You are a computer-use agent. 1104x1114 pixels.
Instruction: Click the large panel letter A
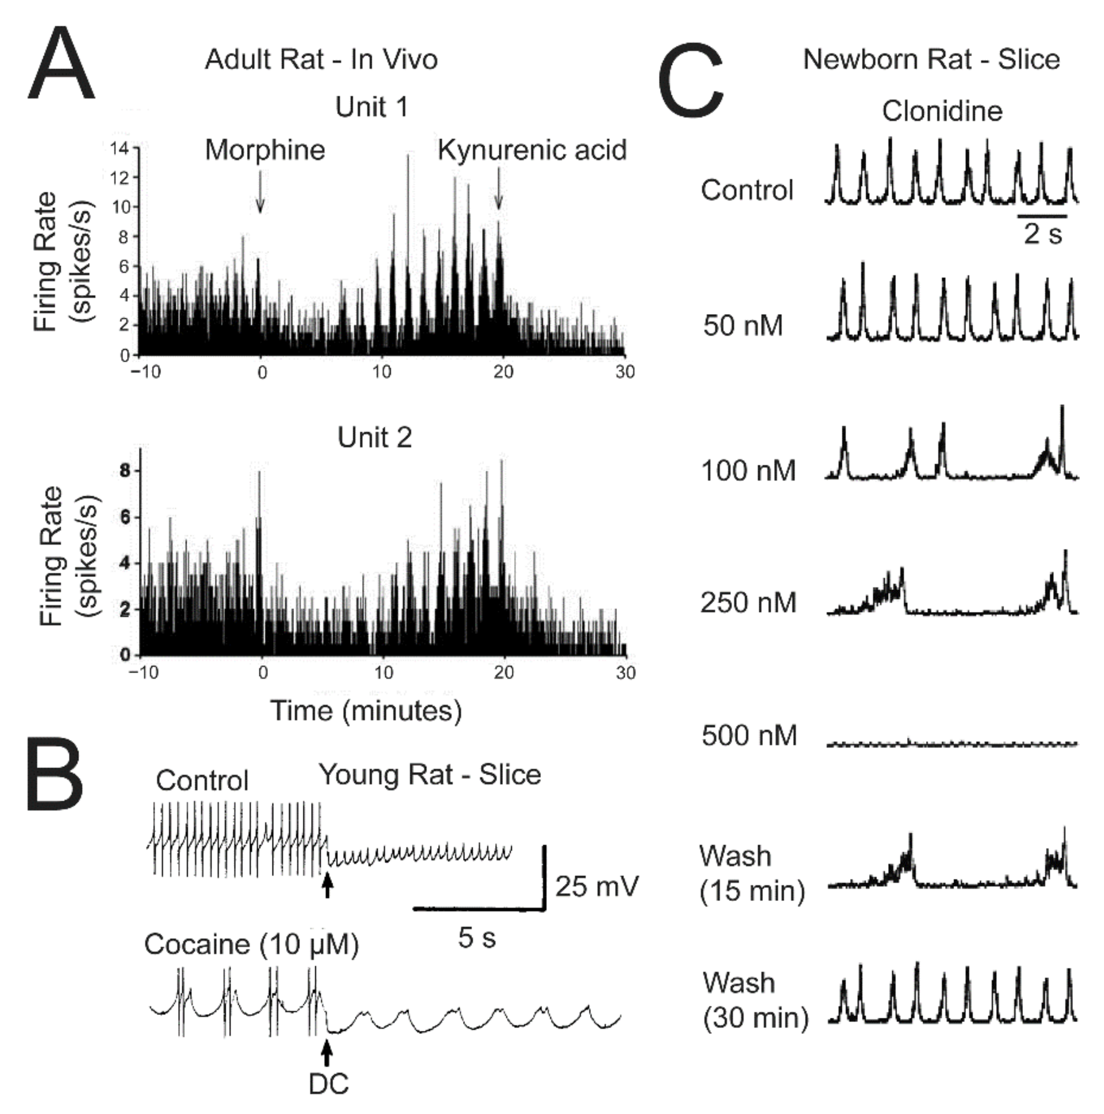pyautogui.click(x=61, y=66)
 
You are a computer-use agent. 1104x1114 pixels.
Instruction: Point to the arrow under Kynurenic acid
pyautogui.click(x=499, y=189)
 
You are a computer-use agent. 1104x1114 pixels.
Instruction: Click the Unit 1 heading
pyautogui.click(x=371, y=107)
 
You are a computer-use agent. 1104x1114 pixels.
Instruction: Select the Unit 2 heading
pyautogui.click(x=375, y=438)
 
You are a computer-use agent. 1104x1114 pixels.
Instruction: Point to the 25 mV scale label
pyautogui.click(x=597, y=886)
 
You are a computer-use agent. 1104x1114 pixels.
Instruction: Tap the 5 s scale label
pyautogui.click(x=477, y=938)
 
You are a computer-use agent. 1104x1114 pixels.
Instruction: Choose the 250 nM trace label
pyautogui.click(x=748, y=603)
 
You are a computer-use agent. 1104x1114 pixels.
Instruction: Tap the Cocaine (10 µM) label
pyautogui.click(x=251, y=945)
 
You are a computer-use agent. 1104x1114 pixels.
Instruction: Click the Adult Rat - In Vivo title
pyautogui.click(x=321, y=59)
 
